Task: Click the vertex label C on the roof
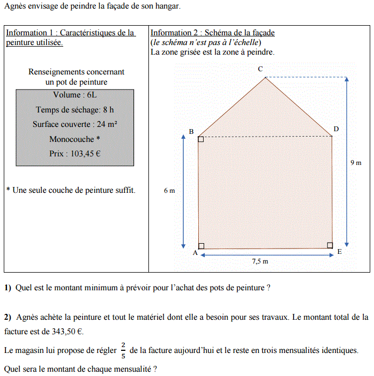[260, 69]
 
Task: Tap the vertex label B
[191, 132]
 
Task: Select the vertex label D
[336, 129]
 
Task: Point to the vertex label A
[195, 253]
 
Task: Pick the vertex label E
[339, 251]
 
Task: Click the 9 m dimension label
[356, 162]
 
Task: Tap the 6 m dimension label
[169, 191]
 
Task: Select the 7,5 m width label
[260, 261]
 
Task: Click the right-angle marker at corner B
[201, 139]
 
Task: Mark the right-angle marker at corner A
[201, 246]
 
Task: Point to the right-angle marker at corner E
[330, 245]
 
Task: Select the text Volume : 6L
[75, 95]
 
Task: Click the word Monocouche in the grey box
[72, 139]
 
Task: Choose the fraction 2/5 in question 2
[123, 350]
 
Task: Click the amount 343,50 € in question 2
[67, 332]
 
